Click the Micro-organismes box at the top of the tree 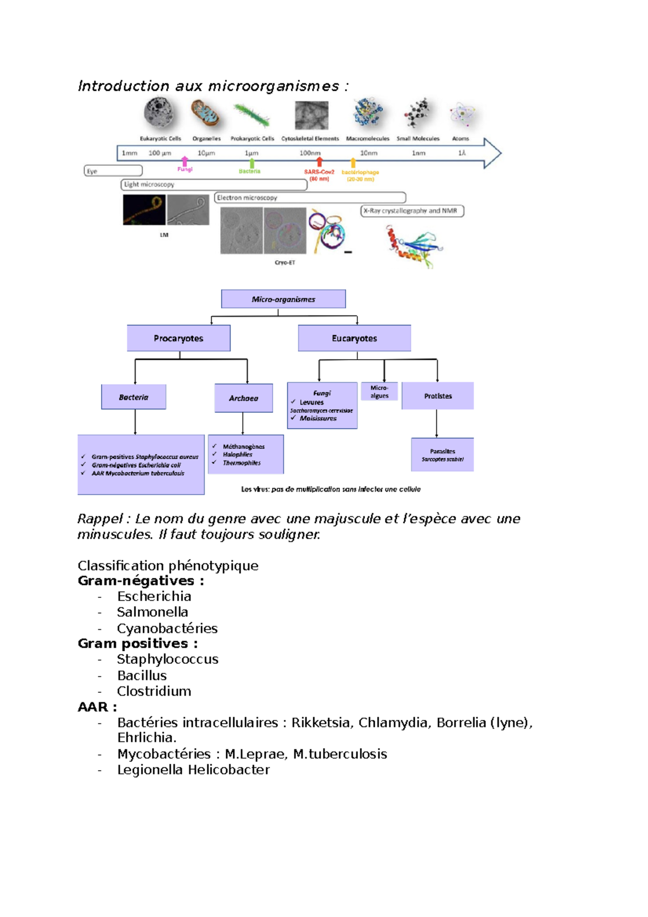tap(283, 299)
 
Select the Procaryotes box tap(178, 338)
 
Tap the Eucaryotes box tap(354, 338)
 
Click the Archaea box tap(243, 398)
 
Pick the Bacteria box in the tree tap(133, 397)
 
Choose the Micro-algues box tap(379, 392)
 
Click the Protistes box tap(437, 396)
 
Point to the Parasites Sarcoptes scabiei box tap(442, 455)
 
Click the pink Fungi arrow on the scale tap(185, 161)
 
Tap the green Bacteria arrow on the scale tap(252, 163)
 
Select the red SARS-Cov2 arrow tap(319, 161)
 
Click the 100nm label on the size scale tap(310, 153)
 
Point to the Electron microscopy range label tap(247, 198)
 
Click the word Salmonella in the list tap(152, 612)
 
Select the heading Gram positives tap(138, 643)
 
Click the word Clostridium tap(154, 691)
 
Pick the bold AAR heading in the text tap(97, 706)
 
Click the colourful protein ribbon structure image tap(413, 246)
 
